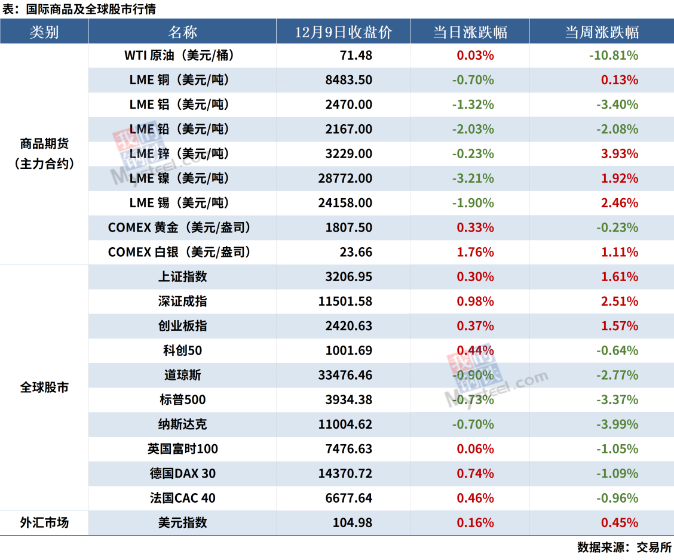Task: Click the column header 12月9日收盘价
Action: click(x=344, y=32)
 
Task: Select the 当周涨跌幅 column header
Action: click(x=602, y=32)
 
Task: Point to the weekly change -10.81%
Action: click(x=613, y=56)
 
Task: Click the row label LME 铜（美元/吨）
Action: click(x=179, y=80)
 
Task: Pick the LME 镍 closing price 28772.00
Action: click(x=345, y=179)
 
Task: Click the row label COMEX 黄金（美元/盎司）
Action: click(x=179, y=227)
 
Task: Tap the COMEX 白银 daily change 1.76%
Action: click(x=475, y=252)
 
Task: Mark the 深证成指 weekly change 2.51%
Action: click(x=620, y=301)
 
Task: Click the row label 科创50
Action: click(x=182, y=350)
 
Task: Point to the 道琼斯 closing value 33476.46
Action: click(x=345, y=376)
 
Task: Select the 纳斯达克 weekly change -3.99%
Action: click(x=617, y=424)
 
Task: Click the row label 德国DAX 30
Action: click(x=182, y=473)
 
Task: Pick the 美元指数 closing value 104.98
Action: click(x=352, y=523)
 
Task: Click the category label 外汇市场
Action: click(x=44, y=523)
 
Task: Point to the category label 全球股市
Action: click(x=44, y=387)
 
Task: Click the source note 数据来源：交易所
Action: click(x=624, y=547)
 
